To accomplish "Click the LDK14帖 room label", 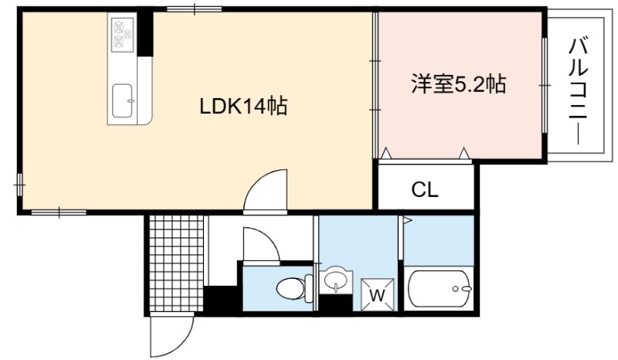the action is coord(243,106).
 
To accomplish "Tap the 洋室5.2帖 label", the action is coord(459,84).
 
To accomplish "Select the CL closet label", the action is coord(425,190).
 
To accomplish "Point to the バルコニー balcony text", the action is coord(578,91).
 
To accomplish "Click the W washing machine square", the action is coord(377,294).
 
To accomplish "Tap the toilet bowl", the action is coord(294,288).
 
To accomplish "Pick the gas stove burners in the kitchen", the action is coord(123,34).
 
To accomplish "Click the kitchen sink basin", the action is coord(122,100).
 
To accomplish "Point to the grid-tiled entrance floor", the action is coord(176,263).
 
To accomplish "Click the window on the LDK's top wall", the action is coord(194,9).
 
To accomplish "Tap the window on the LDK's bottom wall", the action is coord(59,212).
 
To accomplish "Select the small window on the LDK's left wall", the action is coord(19,184).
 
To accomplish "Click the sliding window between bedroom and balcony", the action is coord(545,85).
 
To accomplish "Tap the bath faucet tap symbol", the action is coord(462,289).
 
